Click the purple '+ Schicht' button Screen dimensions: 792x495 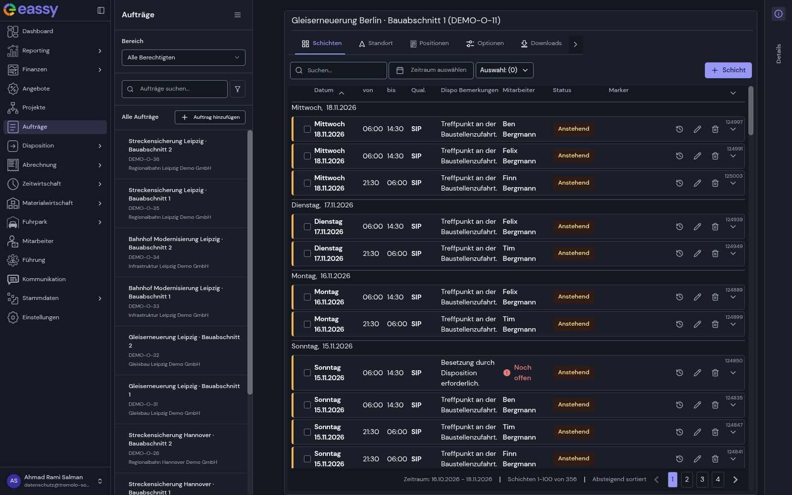tap(728, 70)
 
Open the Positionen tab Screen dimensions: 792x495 tap(429, 44)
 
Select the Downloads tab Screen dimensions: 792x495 tap(541, 44)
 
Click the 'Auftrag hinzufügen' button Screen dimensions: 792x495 tap(210, 117)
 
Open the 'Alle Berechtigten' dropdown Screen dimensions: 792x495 tap(183, 57)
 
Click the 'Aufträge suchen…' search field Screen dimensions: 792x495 tap(174, 89)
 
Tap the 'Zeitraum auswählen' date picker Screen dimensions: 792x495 tap(431, 70)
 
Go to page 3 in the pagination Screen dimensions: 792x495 tap(702, 480)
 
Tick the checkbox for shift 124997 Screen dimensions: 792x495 tap(307, 129)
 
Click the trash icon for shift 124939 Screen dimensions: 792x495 tap(715, 227)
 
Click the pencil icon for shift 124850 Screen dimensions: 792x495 tap(697, 373)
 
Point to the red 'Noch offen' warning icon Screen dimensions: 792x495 tap(507, 373)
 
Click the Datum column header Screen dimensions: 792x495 tap(324, 90)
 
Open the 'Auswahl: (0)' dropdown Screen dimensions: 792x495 tap(504, 70)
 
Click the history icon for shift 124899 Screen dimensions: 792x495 tap(679, 324)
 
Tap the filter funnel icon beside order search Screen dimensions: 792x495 tap(238, 89)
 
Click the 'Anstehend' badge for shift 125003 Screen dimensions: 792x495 tap(574, 183)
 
